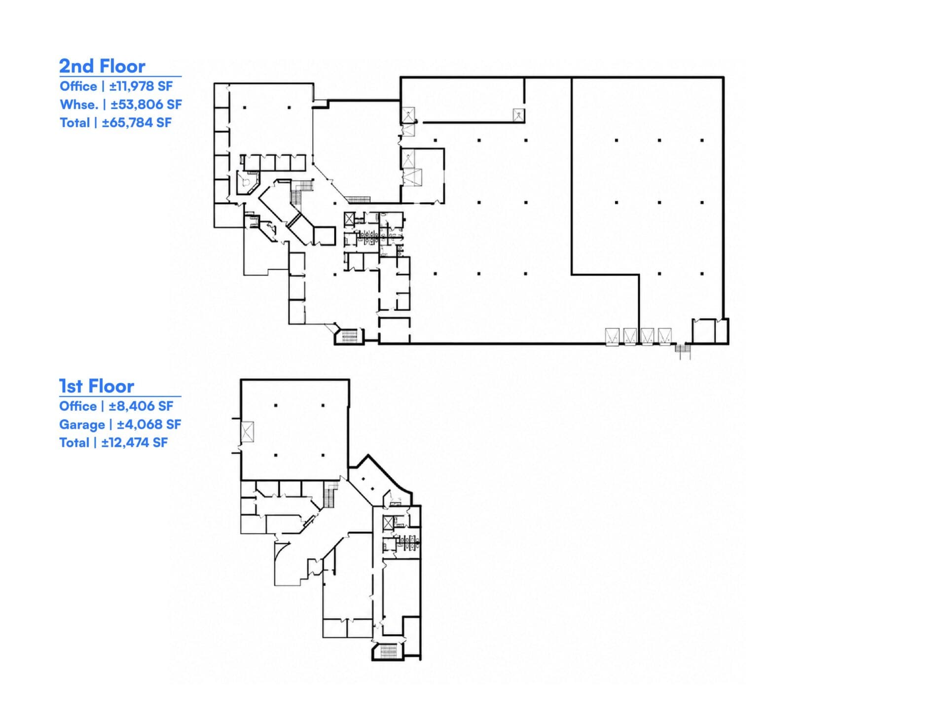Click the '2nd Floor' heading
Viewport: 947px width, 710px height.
102,66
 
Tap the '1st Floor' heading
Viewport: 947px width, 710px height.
97,386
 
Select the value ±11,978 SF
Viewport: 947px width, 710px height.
141,86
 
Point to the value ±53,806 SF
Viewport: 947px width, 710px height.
146,105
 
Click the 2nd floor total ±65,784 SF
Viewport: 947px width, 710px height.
137,123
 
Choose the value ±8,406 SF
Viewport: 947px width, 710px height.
141,406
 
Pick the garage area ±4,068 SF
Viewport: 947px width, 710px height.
149,425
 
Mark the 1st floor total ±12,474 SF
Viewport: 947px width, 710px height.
135,443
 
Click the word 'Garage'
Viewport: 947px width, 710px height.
82,425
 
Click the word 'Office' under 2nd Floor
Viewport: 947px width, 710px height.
78,86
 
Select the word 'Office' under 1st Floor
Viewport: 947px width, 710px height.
78,406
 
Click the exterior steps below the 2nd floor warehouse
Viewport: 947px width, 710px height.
683,351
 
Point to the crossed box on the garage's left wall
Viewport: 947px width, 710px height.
247,432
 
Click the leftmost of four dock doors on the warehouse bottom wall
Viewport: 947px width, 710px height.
612,337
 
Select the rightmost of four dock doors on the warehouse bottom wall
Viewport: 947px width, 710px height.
665,337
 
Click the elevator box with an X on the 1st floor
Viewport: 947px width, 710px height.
389,523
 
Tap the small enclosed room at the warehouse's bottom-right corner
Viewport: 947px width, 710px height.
704,331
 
